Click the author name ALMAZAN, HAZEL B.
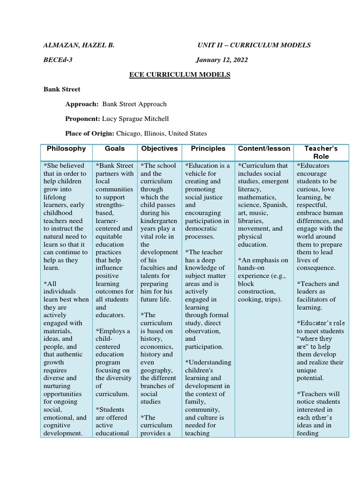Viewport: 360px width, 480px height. point(79,45)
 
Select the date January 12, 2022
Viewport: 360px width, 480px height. point(222,60)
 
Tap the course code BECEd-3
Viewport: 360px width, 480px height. point(58,60)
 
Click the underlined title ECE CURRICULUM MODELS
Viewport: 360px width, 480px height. point(180,75)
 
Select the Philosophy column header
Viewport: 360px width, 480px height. point(66,149)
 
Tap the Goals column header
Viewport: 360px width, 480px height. point(115,149)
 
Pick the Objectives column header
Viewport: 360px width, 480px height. point(159,149)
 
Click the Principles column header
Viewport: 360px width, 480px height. point(208,149)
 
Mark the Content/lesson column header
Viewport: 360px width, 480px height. point(264,149)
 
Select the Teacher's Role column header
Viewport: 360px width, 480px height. point(321,152)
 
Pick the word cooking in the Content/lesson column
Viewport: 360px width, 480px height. point(250,300)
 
